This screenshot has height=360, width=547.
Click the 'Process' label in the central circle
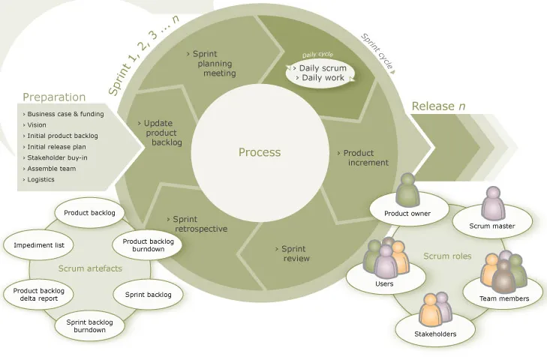260,152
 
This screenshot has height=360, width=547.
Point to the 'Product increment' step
364,157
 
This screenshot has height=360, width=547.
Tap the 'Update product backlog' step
161,133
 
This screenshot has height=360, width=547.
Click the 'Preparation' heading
54,97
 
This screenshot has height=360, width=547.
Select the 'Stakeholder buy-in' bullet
59,157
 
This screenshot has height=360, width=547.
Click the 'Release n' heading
439,106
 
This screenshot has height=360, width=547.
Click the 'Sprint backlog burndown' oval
89,325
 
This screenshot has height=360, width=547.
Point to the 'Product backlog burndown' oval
148,245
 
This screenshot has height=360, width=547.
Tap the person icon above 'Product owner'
407,190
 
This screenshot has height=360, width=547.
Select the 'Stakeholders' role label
435,334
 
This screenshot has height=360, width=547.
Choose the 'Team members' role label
503,298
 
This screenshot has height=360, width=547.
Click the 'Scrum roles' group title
447,256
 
